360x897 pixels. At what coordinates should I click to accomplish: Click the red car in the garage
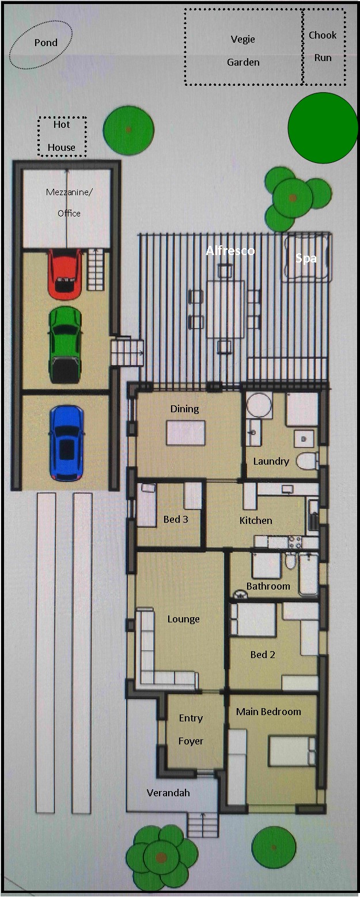click(65, 274)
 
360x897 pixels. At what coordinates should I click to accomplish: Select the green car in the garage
click(65, 345)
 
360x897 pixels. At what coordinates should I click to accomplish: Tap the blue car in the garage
click(67, 443)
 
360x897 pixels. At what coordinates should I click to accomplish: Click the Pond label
click(46, 43)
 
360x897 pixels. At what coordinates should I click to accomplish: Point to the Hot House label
click(61, 136)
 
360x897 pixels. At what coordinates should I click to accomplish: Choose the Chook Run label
click(323, 47)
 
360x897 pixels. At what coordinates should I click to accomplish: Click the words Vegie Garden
click(243, 51)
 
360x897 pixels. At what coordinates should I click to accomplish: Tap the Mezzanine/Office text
click(69, 203)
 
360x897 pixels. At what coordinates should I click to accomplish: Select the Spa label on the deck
click(306, 259)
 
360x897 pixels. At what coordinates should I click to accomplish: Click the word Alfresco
click(230, 250)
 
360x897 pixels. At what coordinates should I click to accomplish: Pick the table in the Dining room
click(186, 432)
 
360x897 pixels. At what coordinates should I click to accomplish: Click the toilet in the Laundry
click(308, 461)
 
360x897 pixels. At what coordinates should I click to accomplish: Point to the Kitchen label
click(256, 520)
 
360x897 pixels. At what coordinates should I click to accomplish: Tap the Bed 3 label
click(176, 519)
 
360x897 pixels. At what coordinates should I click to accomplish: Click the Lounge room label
click(183, 619)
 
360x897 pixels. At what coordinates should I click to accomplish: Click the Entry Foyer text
click(191, 729)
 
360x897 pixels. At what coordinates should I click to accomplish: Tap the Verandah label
click(168, 793)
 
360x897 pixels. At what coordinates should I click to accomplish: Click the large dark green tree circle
click(323, 128)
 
